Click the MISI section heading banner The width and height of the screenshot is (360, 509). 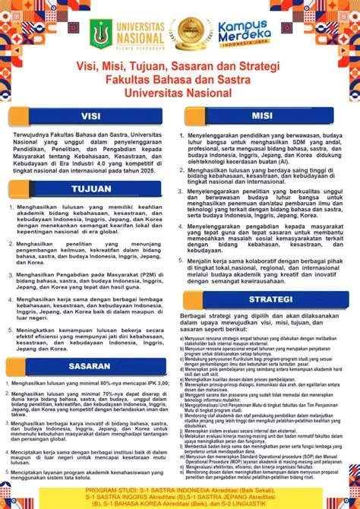pyautogui.click(x=261, y=115)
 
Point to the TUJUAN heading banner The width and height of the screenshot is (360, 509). pyautogui.click(x=90, y=188)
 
